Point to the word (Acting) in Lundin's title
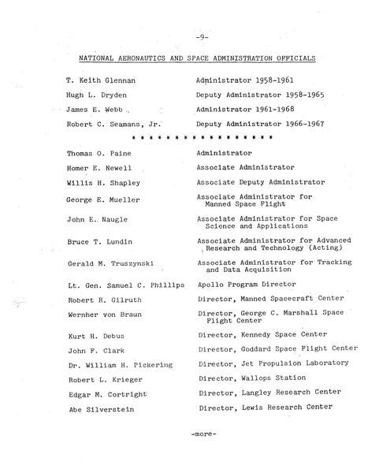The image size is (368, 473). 313,245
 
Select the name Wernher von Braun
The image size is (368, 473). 102,315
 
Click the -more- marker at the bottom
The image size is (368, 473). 203,434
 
